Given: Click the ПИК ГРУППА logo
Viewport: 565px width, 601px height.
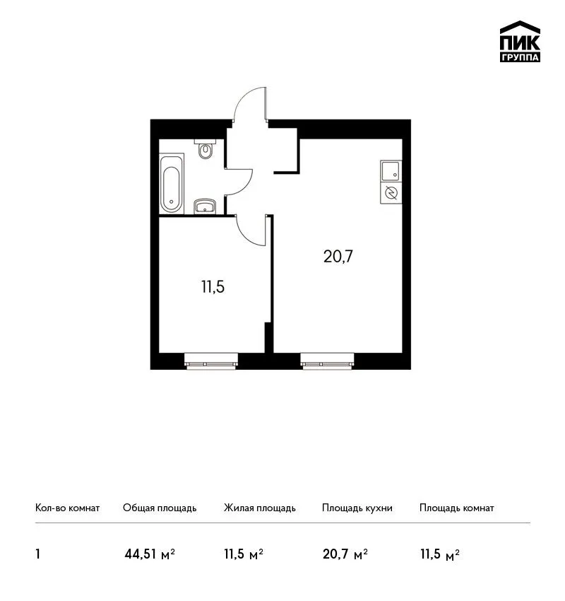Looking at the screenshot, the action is pos(520,42).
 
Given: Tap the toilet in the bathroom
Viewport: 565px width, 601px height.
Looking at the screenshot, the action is pos(206,148).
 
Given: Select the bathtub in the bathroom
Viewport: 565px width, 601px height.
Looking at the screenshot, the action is pos(172,184).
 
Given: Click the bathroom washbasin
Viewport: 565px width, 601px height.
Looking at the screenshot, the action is pos(205,206).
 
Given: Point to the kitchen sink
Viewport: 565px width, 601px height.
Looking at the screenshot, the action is pos(391,171).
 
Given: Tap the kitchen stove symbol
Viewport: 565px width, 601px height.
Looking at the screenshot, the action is pos(391,193).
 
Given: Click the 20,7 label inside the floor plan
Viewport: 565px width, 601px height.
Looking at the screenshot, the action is pos(338,257).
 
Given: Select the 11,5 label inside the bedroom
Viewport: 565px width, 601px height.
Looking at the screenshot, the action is pos(213,286).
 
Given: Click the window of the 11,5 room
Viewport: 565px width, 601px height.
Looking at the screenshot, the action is pos(211,361).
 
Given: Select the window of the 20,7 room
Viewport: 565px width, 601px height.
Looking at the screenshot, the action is pos(327,361).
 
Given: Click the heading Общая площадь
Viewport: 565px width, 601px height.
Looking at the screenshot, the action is pos(160,508).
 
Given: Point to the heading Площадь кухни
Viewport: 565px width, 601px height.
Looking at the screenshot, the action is pos(357,508).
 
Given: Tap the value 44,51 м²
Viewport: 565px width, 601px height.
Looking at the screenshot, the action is pos(150,554).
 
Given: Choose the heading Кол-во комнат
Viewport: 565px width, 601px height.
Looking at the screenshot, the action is pos(67,508).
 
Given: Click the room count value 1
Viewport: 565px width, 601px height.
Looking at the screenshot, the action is pos(37,554).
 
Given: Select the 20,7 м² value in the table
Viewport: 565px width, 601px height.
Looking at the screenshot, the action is pos(345,554).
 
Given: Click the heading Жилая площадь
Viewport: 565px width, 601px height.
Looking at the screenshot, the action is pos(259,508).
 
